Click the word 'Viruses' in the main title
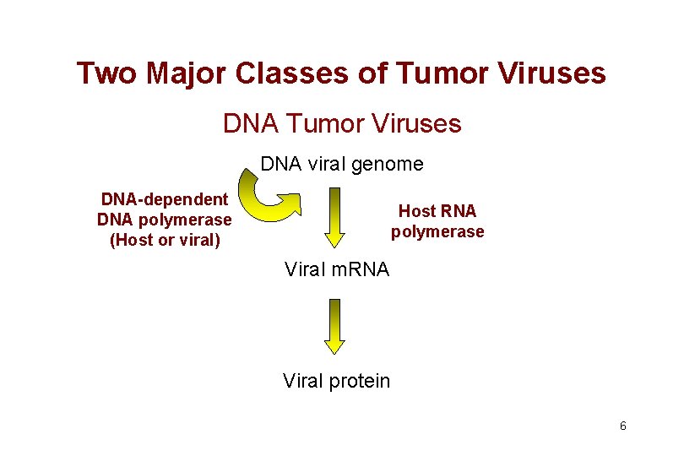[x=554, y=74]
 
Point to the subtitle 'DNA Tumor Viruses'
[x=342, y=124]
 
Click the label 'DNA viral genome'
[x=342, y=164]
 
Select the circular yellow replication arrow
[x=269, y=197]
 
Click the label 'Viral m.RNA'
[x=336, y=270]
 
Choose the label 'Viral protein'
[x=336, y=381]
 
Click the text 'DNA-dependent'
[x=165, y=199]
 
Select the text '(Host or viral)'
[x=165, y=240]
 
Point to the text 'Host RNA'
[x=437, y=211]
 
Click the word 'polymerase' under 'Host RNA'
[x=437, y=231]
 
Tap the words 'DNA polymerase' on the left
[x=165, y=220]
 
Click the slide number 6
[x=622, y=426]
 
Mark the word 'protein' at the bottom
[x=360, y=381]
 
